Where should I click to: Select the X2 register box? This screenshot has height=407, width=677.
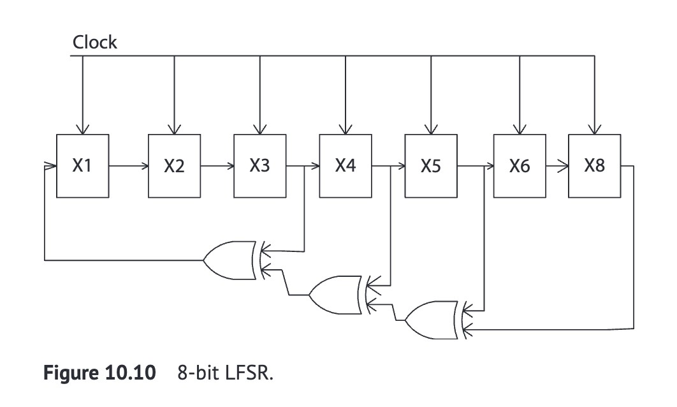coord(174,166)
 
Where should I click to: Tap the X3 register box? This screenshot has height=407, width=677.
coord(259,166)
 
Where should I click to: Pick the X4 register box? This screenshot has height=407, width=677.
coord(345,166)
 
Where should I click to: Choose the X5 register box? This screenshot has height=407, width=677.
coord(432,166)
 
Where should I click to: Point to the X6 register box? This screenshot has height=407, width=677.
coord(520,166)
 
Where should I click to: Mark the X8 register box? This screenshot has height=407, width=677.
coord(594,166)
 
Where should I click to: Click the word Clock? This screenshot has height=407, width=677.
coord(94,43)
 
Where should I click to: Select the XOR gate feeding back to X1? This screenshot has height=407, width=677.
coord(230,260)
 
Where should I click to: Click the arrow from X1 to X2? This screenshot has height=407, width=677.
coord(128,166)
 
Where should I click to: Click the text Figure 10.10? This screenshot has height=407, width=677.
coord(99,374)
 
